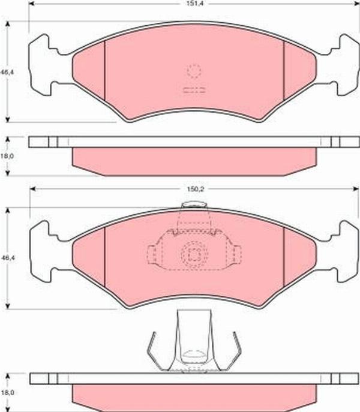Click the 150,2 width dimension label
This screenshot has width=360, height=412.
[x=195, y=189]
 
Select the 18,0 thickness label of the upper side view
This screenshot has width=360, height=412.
[x=8, y=156]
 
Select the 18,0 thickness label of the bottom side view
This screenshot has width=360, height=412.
[x=7, y=393]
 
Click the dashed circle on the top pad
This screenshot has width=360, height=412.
[x=194, y=71]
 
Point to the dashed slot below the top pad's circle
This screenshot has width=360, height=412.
[x=194, y=90]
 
